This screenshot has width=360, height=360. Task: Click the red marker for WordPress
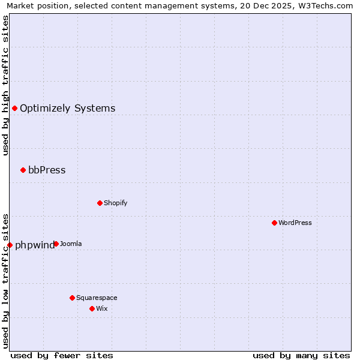click(274, 223)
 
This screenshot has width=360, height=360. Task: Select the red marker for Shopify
click(100, 203)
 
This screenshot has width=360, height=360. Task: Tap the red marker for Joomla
click(56, 244)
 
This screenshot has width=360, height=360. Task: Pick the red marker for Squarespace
click(72, 298)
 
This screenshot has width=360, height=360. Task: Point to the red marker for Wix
click(92, 308)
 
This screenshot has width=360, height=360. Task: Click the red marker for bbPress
click(23, 170)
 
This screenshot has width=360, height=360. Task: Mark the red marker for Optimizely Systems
click(14, 108)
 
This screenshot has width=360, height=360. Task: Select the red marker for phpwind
click(10, 245)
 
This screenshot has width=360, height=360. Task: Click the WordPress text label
click(295, 223)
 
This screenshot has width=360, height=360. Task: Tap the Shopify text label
click(116, 203)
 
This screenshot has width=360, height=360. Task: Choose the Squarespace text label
click(97, 298)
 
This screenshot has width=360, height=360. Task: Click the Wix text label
click(101, 308)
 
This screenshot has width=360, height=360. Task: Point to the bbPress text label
click(47, 170)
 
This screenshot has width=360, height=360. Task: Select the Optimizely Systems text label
click(68, 108)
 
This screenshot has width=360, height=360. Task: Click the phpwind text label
click(34, 245)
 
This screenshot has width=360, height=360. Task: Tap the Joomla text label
click(71, 244)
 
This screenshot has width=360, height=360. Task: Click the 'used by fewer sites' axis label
click(62, 355)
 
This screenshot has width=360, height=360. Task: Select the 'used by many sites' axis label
click(301, 355)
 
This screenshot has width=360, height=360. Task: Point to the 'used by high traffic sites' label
click(5, 85)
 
